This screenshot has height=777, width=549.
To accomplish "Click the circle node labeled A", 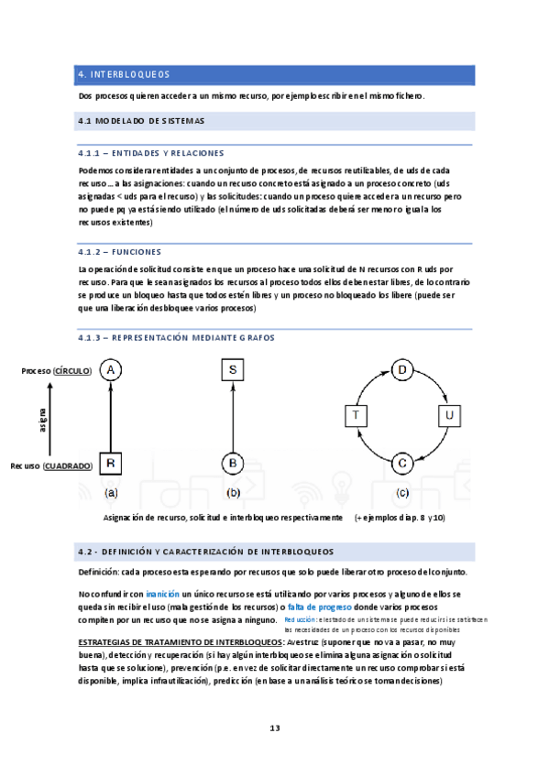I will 110,369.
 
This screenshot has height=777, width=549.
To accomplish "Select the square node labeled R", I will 110,464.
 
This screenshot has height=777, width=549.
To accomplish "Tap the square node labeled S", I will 233,369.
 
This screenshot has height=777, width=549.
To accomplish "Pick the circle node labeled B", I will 233,464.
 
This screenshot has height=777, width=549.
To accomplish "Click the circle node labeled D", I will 401,369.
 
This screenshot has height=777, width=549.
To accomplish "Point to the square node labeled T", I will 355,416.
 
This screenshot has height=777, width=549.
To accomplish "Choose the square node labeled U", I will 447,416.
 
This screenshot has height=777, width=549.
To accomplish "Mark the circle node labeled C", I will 401,463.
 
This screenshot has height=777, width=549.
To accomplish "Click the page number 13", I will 274,728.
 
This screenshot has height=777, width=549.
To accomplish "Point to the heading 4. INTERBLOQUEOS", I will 124,74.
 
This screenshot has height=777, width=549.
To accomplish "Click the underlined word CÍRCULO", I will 72,370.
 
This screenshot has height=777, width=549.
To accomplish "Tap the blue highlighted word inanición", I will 162,595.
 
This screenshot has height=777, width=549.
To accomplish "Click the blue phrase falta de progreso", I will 320,607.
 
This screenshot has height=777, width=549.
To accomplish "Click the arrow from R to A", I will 110,417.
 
